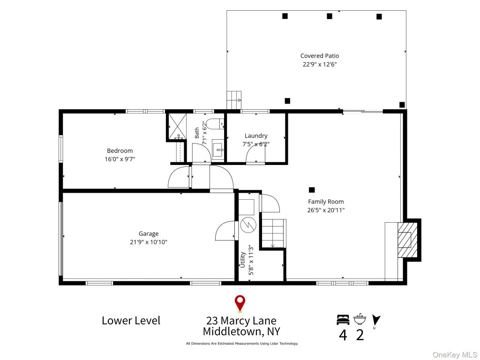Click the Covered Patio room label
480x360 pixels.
[320, 56]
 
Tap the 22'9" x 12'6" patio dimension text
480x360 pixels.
[320, 64]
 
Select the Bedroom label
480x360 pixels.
[120, 150]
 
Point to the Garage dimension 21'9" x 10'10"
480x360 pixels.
[149, 242]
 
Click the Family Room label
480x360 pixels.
[326, 202]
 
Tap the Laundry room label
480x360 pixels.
[256, 135]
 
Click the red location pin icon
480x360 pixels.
[240, 304]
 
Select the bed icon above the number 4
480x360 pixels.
[343, 320]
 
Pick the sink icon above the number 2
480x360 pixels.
[360, 319]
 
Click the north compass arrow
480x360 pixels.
[376, 320]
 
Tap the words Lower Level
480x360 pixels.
[131, 321]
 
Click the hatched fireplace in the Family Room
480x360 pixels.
[407, 240]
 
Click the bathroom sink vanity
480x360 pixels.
[218, 150]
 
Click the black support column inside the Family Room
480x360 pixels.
[312, 190]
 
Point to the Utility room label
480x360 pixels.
[243, 260]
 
